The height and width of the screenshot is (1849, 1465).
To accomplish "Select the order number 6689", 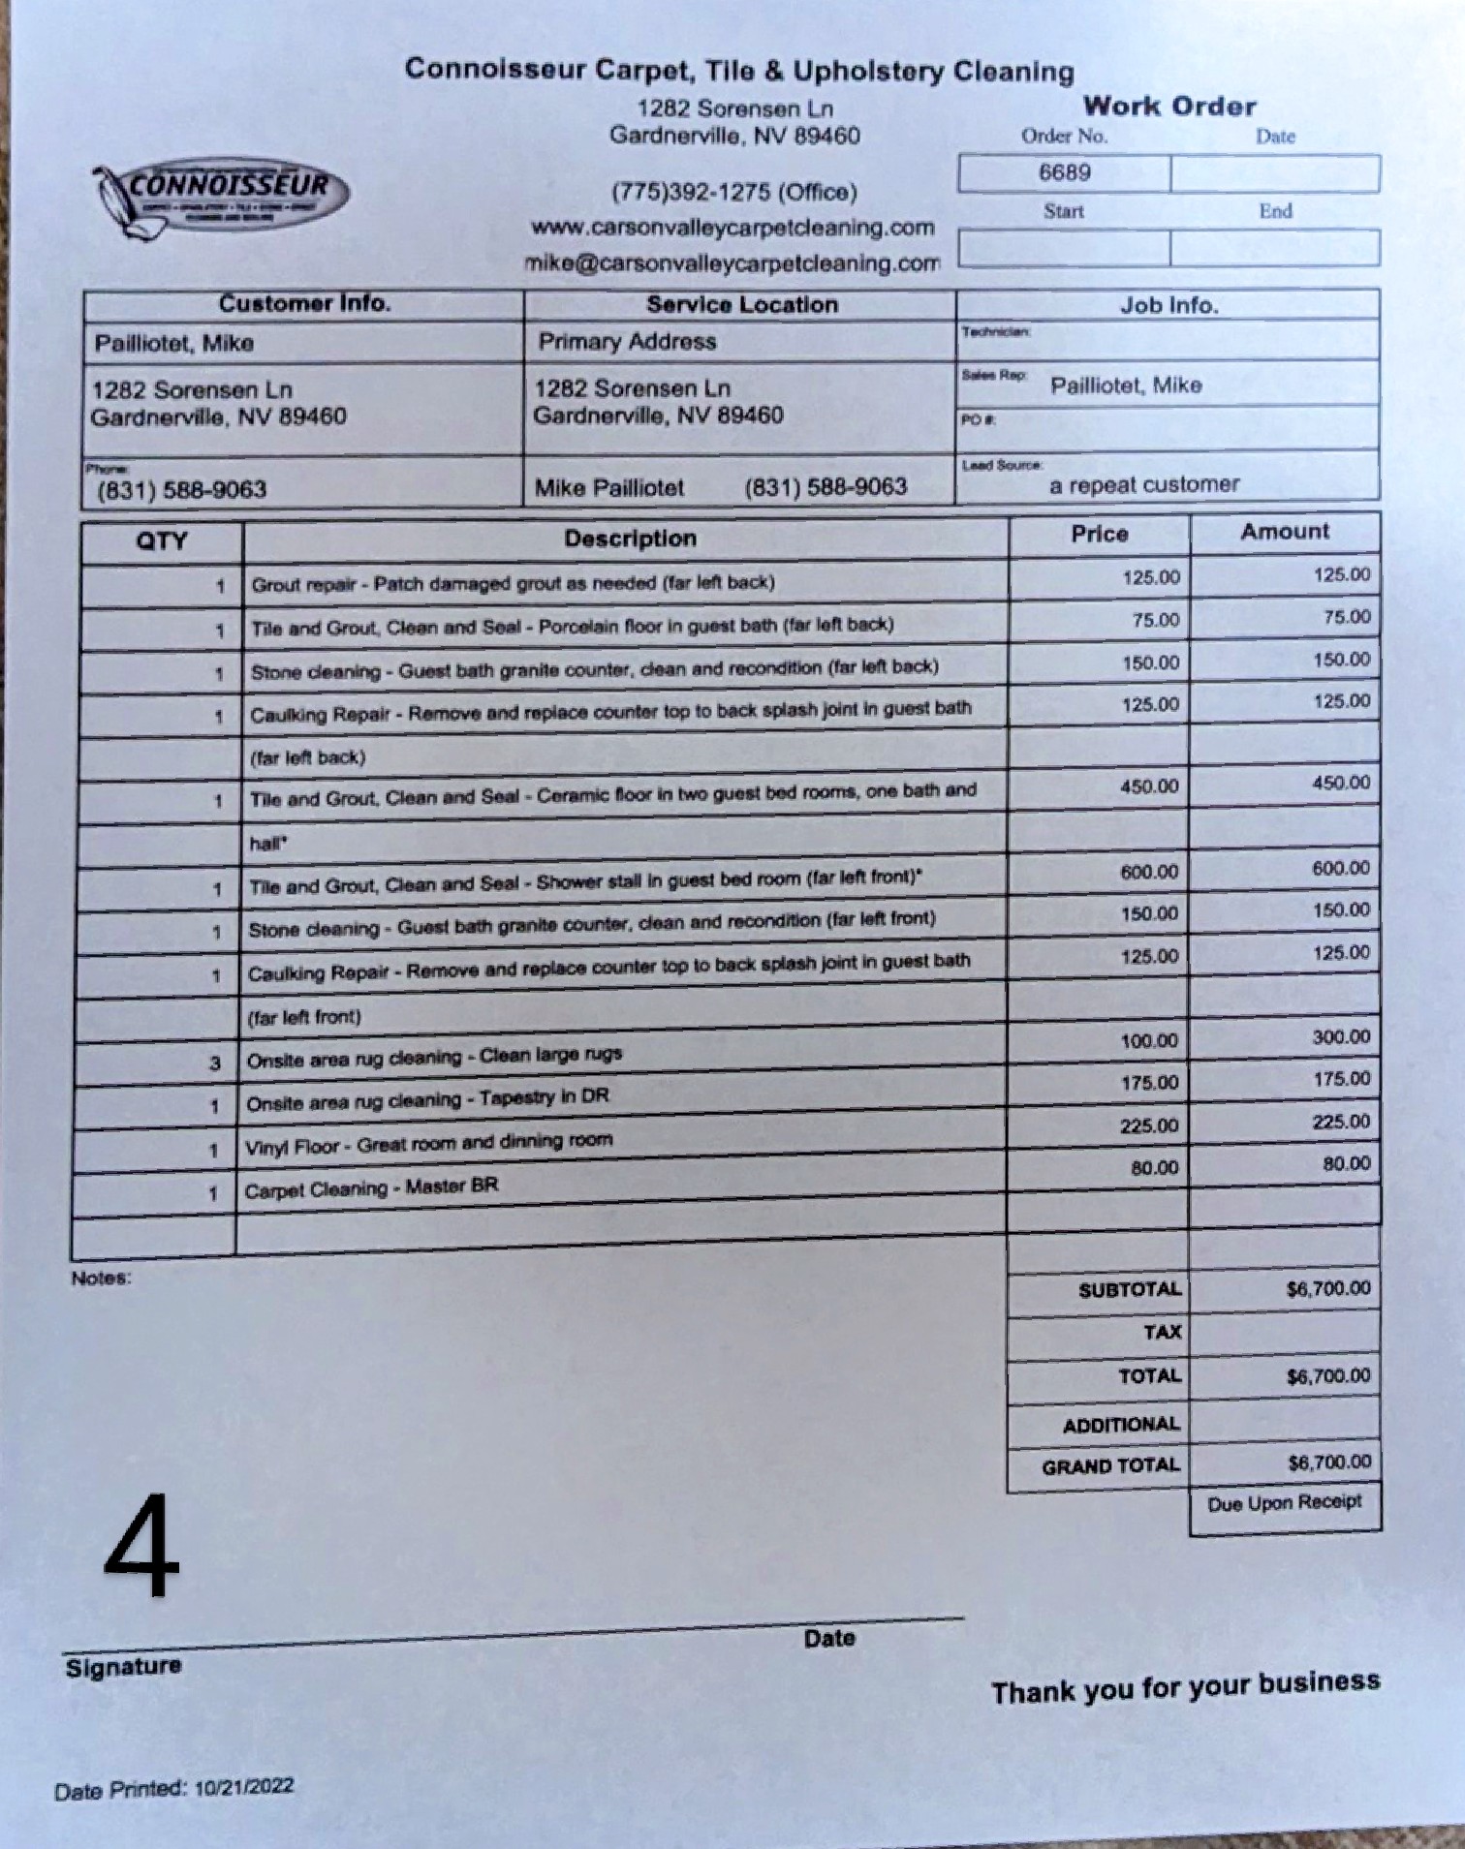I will [1064, 173].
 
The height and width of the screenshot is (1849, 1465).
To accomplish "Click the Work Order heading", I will [1169, 107].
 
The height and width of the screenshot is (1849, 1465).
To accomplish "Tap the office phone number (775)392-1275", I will [733, 192].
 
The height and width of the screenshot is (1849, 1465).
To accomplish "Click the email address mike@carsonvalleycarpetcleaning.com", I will [732, 263].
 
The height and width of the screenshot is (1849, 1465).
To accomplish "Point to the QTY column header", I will [161, 540].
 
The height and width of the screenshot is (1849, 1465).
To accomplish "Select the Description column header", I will [630, 539].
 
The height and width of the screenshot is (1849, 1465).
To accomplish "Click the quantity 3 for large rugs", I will [215, 1063].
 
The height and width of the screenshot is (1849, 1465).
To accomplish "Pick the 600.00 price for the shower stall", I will [1149, 872].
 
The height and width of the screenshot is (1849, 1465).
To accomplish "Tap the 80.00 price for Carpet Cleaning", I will [1154, 1168].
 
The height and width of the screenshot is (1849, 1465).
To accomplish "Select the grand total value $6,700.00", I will [1328, 1463].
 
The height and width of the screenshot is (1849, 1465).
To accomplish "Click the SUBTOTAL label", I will [1129, 1290].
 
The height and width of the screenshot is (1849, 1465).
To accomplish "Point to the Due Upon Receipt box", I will [1284, 1503].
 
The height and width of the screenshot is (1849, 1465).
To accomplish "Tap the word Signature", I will [123, 1667].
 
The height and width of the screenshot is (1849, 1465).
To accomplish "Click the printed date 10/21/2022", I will [243, 1787].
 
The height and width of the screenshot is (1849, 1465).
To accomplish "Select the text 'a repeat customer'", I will [1143, 484].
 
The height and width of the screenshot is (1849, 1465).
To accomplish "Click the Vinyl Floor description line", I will [428, 1144].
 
